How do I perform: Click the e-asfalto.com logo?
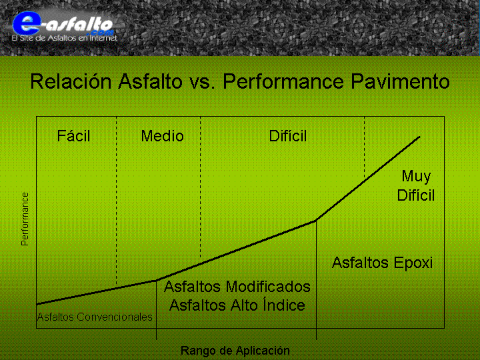tap(63, 25)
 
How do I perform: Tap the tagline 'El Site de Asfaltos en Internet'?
tap(65, 38)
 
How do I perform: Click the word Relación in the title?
tap(71, 81)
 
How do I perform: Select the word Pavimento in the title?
tap(400, 81)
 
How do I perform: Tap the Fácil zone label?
tap(73, 135)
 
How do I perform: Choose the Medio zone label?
tap(162, 136)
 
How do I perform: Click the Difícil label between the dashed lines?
tap(288, 135)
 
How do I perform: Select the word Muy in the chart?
tap(416, 177)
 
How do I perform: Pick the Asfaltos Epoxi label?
tap(383, 263)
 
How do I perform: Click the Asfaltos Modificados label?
tap(237, 287)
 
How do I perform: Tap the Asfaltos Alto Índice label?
tap(237, 305)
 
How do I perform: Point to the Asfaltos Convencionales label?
tap(95, 317)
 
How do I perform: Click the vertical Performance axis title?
tap(25, 219)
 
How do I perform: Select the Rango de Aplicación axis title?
tap(235, 351)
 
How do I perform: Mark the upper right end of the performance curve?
tap(420, 137)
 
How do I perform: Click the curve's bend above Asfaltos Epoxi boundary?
tap(316, 220)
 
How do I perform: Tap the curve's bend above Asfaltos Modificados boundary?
tap(157, 280)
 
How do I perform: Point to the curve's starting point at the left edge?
tap(37, 304)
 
